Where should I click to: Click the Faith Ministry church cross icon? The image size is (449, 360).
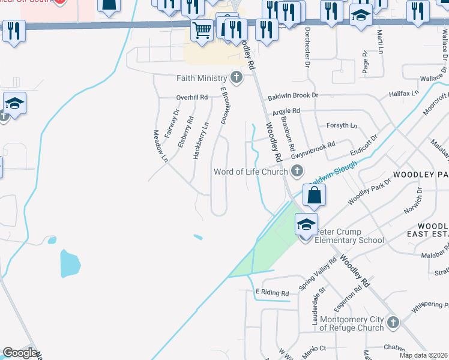click(x=237, y=77)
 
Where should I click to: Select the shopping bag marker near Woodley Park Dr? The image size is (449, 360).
click(x=314, y=195)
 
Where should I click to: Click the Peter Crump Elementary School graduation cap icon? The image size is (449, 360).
click(x=306, y=224)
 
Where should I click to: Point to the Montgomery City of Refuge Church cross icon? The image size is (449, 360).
click(x=393, y=323)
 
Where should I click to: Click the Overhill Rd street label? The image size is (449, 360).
click(x=191, y=97)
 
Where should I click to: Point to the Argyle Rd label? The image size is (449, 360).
click(x=286, y=111)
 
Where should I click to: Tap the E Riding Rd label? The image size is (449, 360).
click(x=272, y=293)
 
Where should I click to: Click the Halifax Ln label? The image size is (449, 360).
click(x=403, y=94)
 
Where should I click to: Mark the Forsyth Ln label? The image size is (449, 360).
click(x=342, y=125)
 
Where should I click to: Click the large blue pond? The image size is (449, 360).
click(x=70, y=263)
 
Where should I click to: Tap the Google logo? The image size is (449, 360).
click(x=20, y=353)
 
